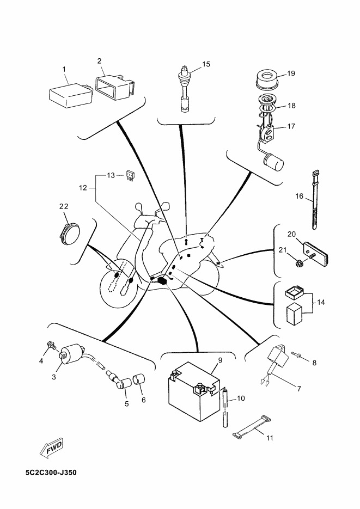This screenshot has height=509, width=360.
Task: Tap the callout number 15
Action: [x=206, y=64]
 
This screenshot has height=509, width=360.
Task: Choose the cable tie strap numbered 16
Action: [x=314, y=199]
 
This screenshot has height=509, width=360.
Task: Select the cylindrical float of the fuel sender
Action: [x=273, y=162]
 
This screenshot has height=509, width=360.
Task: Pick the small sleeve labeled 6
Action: [x=139, y=379]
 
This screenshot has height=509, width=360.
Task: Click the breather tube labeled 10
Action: [x=224, y=408]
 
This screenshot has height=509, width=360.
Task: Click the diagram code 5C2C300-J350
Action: [x=51, y=473]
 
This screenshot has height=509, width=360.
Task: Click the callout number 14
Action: [x=321, y=302]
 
